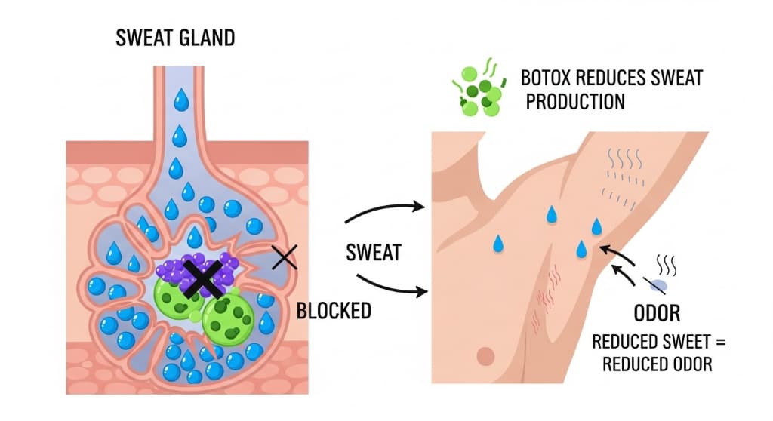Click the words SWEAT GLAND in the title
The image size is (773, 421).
pyautogui.click(x=176, y=38)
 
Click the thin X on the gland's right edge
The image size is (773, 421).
pyautogui.click(x=284, y=258)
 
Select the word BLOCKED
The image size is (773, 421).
pyautogui.click(x=334, y=310)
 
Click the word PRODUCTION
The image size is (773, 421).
pyautogui.click(x=575, y=101)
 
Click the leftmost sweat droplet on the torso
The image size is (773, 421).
pyautogui.click(x=498, y=243)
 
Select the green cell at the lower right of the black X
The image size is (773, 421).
pyautogui.click(x=223, y=318)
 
